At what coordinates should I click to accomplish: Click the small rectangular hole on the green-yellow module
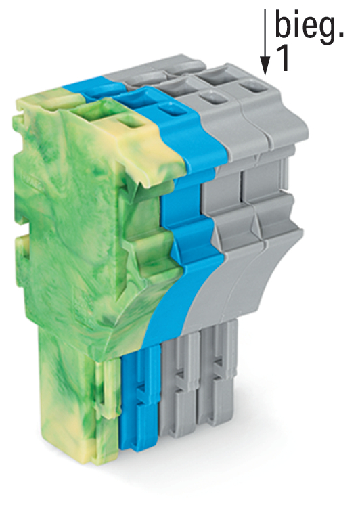(130, 123)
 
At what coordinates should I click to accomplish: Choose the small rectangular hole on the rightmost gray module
(254, 87)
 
